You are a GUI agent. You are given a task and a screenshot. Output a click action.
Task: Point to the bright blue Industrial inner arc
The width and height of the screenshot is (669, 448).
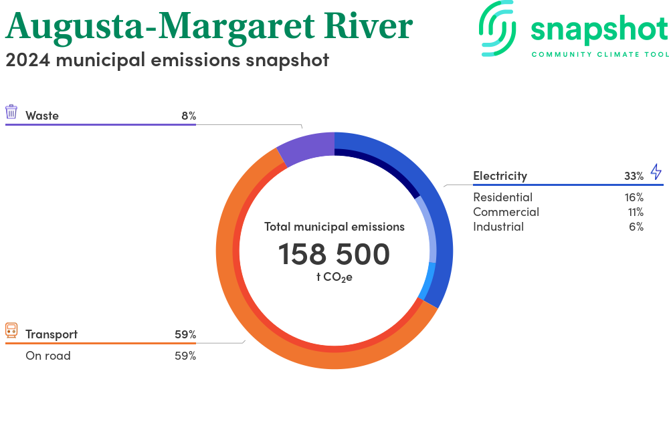[x=426, y=281]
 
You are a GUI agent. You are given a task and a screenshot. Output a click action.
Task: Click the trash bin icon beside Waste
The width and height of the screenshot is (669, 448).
[x=11, y=112]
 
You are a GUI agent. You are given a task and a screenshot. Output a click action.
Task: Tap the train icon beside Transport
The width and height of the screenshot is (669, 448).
[x=11, y=330]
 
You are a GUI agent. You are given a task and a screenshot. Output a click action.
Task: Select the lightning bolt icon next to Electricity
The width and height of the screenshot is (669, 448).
[x=656, y=171]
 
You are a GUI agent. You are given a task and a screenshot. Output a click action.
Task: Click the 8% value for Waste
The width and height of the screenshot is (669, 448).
[x=188, y=116]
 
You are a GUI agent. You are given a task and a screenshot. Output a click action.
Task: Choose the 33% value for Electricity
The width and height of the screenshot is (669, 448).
[x=634, y=176]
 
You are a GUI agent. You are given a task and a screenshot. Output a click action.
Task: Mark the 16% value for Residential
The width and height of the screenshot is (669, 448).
[x=634, y=197]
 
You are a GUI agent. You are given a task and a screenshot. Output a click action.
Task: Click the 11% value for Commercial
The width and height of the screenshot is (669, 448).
[x=635, y=212]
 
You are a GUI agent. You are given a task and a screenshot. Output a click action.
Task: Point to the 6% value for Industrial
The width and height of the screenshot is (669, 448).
[x=637, y=227]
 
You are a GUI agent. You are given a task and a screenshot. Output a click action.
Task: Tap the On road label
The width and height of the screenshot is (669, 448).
[x=48, y=356]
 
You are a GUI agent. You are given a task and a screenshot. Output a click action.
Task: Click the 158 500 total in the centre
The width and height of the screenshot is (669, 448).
[x=334, y=254]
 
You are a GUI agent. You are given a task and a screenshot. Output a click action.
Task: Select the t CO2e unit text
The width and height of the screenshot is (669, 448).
[x=334, y=277]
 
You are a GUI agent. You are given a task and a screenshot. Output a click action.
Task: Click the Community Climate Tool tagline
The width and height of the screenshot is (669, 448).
[x=599, y=54]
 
